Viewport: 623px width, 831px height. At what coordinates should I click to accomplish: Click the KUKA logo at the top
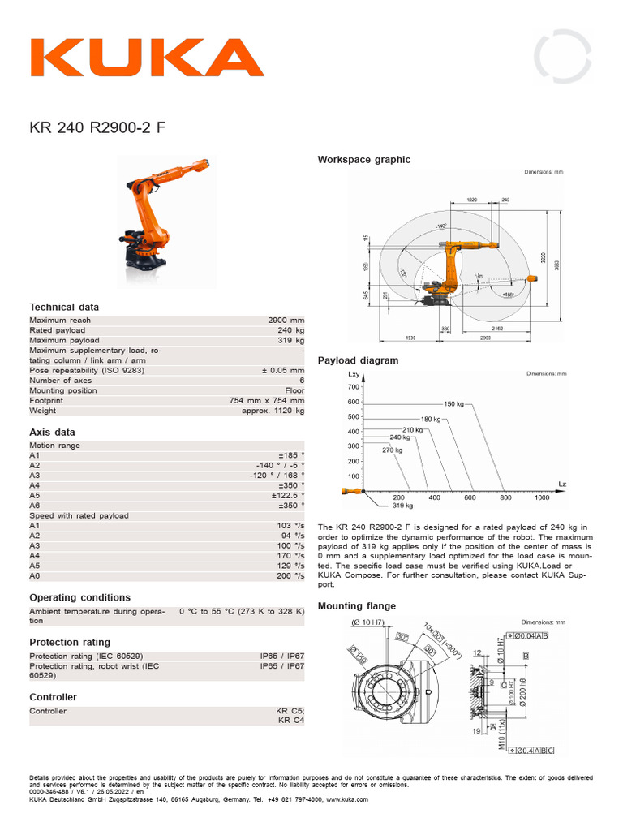pos(147,58)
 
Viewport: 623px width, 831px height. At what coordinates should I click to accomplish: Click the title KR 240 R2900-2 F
pos(100,127)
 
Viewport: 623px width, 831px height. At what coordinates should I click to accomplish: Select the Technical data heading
pos(64,307)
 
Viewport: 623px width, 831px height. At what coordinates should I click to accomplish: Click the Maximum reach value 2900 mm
pos(286,321)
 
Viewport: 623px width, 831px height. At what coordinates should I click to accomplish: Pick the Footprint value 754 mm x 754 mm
pos(267,400)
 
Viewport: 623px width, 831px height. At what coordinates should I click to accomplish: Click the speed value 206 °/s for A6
pos(290,575)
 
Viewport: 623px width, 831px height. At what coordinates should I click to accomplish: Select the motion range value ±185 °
pos(291,456)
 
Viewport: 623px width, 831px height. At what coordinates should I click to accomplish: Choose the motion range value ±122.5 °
pos(288,495)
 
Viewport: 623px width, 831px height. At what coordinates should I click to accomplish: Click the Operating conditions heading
pos(79,597)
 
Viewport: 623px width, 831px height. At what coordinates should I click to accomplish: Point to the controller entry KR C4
pos(290,720)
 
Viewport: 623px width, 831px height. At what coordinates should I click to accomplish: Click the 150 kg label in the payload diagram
pos(454,403)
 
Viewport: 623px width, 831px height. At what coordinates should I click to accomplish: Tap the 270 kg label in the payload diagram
pos(393,450)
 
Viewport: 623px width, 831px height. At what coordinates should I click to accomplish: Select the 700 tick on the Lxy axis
pos(353,387)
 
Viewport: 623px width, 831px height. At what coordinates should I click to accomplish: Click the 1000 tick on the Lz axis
pos(542,497)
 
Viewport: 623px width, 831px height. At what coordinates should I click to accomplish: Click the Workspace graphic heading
pos(363,160)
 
